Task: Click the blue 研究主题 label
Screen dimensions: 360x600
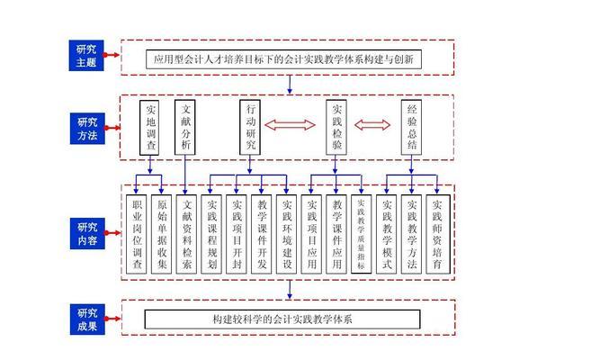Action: (90, 57)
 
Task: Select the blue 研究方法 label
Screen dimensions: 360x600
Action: (90, 128)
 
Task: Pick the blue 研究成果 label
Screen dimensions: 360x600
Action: (90, 319)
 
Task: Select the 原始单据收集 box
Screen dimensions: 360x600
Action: (162, 234)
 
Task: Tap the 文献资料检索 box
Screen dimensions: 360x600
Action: (186, 234)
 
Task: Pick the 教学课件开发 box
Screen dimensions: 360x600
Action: (262, 234)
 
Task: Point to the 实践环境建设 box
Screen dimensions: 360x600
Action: (286, 234)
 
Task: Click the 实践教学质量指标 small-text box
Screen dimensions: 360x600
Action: (361, 234)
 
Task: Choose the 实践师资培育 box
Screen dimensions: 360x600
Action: (437, 234)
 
